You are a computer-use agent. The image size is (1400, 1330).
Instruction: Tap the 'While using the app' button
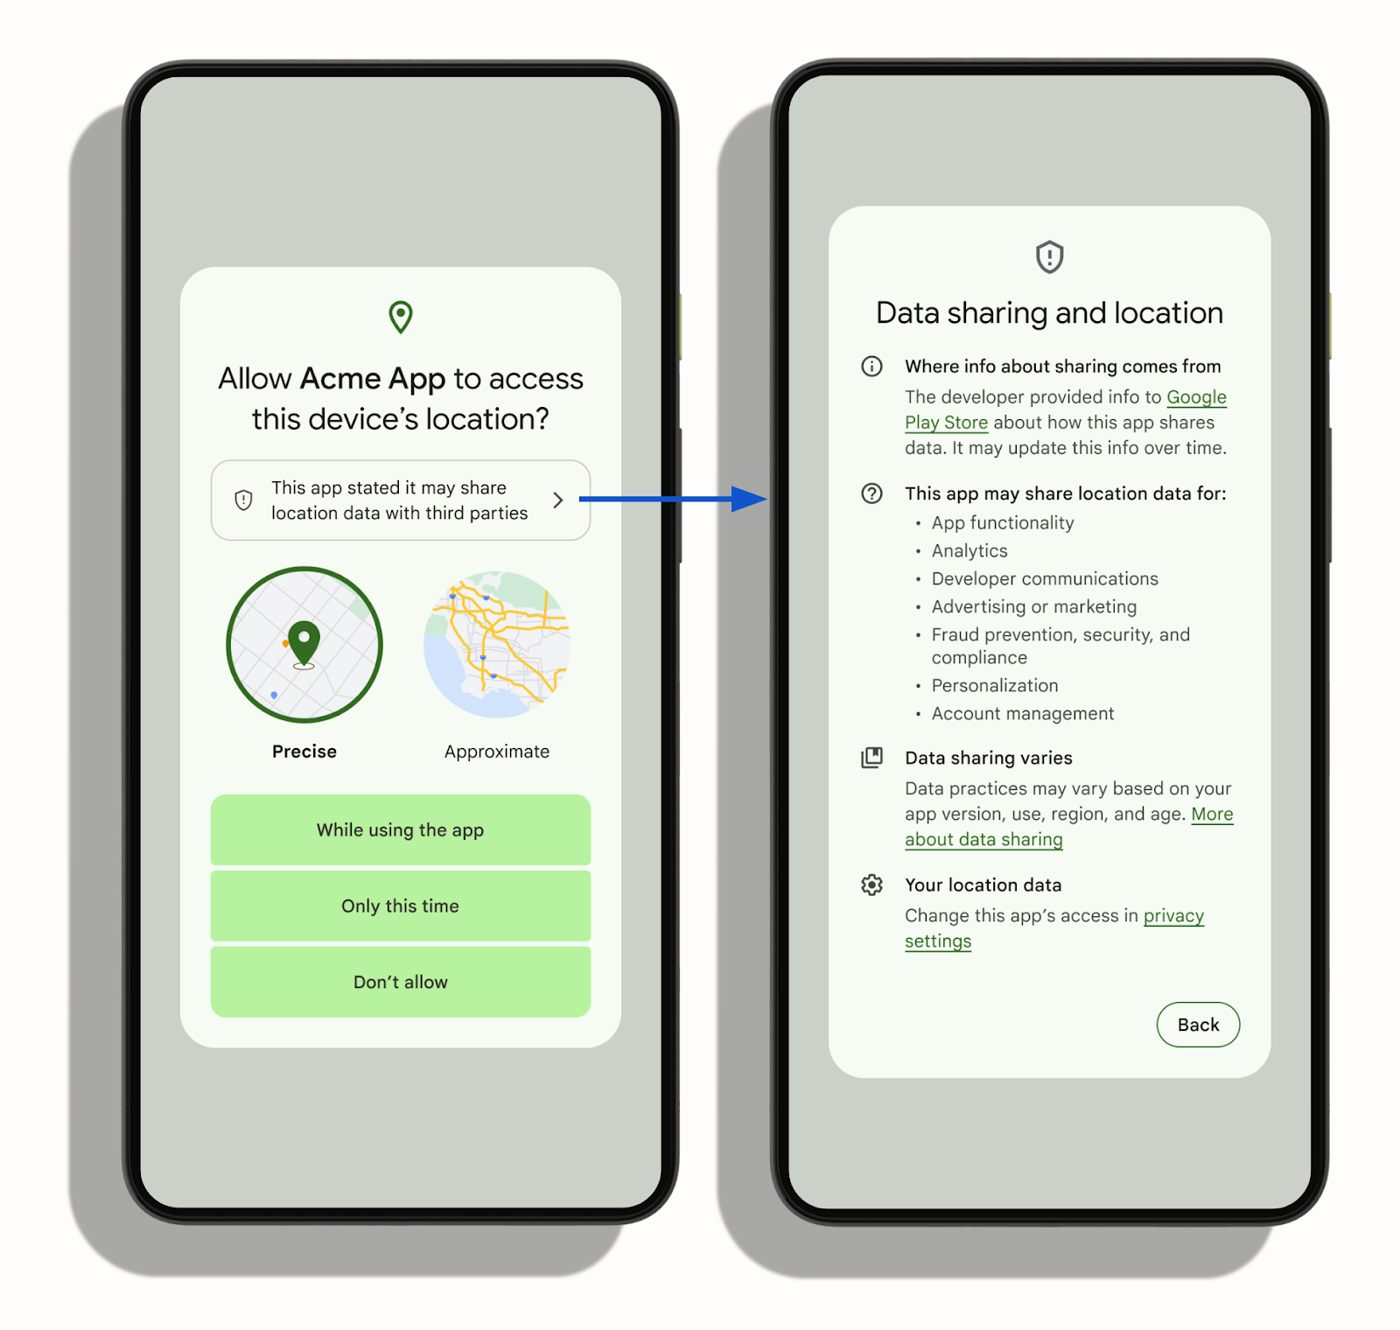(x=400, y=829)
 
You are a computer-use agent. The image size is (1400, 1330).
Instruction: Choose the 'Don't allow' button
(x=400, y=982)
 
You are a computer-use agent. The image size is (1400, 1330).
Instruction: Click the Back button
(x=1197, y=1025)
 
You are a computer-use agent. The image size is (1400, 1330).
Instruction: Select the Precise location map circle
(x=304, y=645)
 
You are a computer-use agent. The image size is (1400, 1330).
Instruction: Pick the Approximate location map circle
(x=497, y=645)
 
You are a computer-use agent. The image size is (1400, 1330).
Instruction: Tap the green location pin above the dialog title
(x=401, y=317)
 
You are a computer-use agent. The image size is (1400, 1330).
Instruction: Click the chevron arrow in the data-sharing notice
(x=557, y=500)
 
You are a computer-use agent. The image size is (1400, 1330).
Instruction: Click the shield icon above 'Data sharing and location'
(x=1049, y=257)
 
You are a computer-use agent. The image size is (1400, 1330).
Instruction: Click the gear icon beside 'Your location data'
(x=871, y=885)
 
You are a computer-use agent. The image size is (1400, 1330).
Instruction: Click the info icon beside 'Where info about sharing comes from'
(x=871, y=366)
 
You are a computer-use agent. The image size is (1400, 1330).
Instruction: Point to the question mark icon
(x=871, y=493)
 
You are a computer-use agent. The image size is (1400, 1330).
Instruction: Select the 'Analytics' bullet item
(x=969, y=551)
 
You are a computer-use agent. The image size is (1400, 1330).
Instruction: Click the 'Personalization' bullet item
(x=994, y=686)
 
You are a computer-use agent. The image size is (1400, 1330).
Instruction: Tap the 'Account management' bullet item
(x=1022, y=714)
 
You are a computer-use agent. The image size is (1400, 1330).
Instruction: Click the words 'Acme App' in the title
(x=373, y=379)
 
